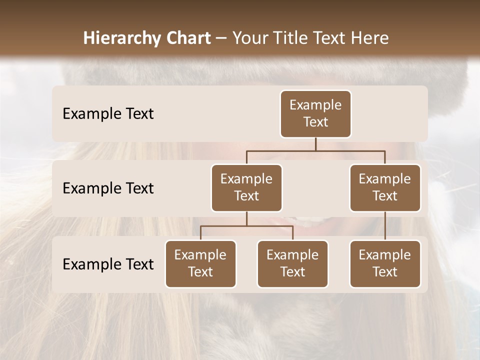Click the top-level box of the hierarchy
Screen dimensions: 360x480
pyautogui.click(x=315, y=114)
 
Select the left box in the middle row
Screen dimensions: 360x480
pyautogui.click(x=246, y=188)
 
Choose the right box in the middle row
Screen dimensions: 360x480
pyautogui.click(x=385, y=188)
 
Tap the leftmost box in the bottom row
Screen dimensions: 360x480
pyautogui.click(x=200, y=264)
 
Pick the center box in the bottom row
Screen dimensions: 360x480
pyautogui.click(x=292, y=264)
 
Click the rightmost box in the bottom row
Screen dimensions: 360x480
pyautogui.click(x=385, y=264)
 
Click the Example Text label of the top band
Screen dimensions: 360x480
pyautogui.click(x=108, y=114)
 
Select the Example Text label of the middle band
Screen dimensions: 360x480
pyautogui.click(x=108, y=188)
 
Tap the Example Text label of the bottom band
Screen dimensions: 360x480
pyautogui.click(x=108, y=264)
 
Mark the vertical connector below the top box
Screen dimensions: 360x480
pyautogui.click(x=315, y=144)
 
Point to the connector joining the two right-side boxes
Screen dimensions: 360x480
pyautogui.click(x=385, y=226)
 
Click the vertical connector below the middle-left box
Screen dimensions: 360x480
pyautogui.click(x=246, y=219)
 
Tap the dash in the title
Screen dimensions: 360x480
pyautogui.click(x=221, y=38)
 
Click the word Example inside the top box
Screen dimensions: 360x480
pyautogui.click(x=315, y=105)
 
